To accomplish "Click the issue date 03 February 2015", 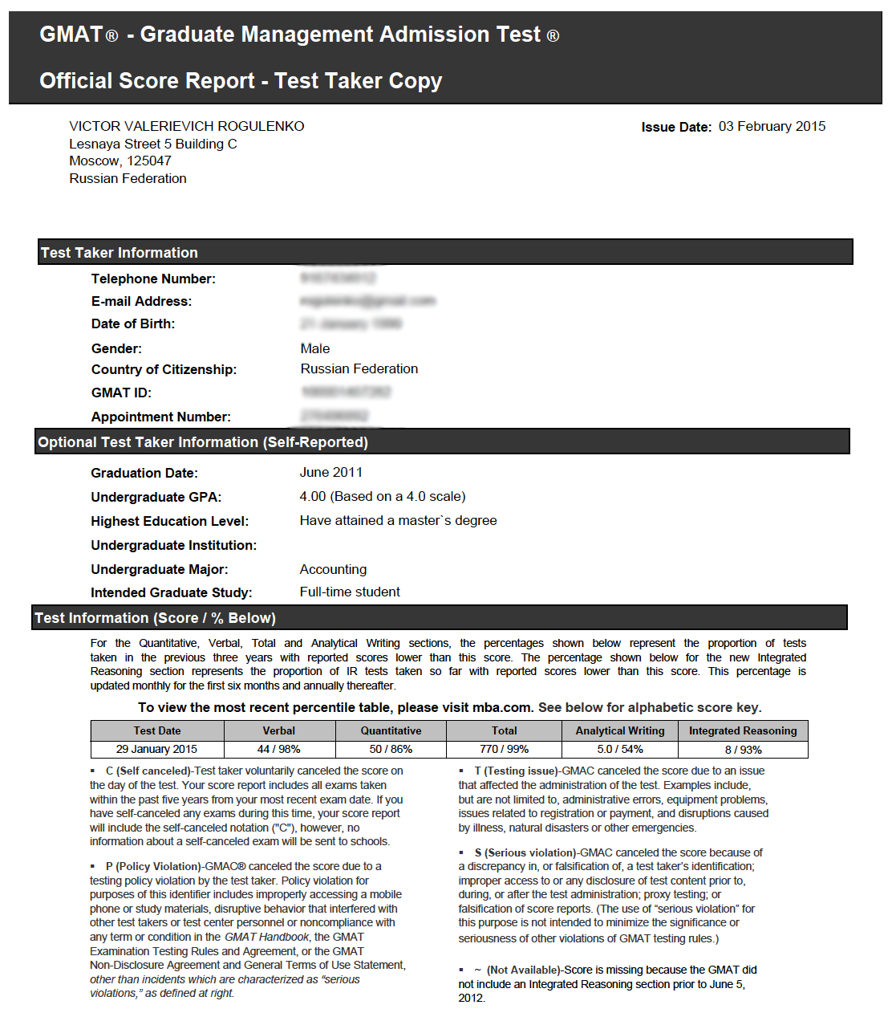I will point(772,127).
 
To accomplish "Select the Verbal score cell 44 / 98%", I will point(278,750).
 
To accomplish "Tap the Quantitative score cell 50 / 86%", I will point(391,750).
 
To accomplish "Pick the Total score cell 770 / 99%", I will point(504,750).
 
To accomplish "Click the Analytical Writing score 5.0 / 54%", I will point(620,750).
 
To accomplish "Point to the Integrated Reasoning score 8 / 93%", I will point(743,750).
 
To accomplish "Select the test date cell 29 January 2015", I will point(156,750).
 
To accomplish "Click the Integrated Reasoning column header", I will point(743,731).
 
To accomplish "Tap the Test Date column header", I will point(157,731).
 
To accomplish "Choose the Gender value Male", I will point(315,349).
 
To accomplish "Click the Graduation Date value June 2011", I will point(331,473).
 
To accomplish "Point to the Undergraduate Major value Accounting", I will point(333,570).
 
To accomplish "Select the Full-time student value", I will point(350,592).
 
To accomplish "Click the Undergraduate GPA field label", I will point(156,498).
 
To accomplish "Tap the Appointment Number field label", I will point(161,417).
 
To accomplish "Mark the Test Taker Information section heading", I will point(120,253).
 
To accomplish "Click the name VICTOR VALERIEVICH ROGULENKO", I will point(187,127).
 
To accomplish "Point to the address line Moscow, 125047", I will point(120,161).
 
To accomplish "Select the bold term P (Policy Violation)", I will point(153,867).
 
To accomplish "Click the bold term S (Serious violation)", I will point(525,853).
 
